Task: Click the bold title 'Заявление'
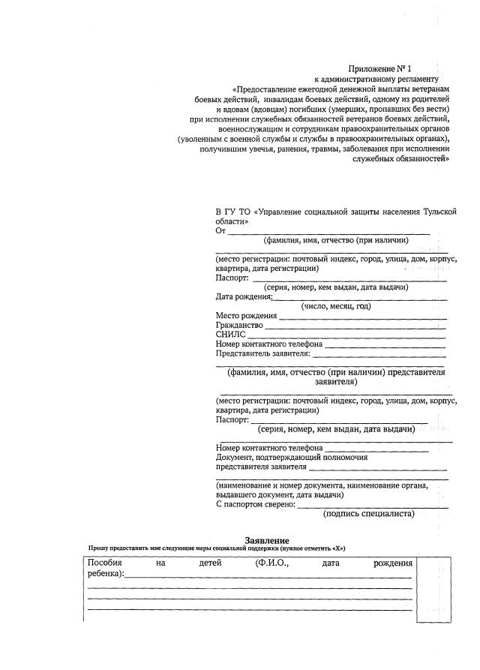click(x=266, y=540)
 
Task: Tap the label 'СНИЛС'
click(x=229, y=335)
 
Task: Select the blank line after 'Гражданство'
click(x=356, y=327)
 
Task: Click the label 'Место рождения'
click(x=246, y=315)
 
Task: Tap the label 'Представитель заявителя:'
click(x=262, y=353)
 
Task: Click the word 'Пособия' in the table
click(x=105, y=563)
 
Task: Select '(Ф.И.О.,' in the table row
click(x=272, y=563)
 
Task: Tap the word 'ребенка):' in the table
click(x=106, y=574)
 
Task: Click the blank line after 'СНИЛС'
click(x=345, y=336)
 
